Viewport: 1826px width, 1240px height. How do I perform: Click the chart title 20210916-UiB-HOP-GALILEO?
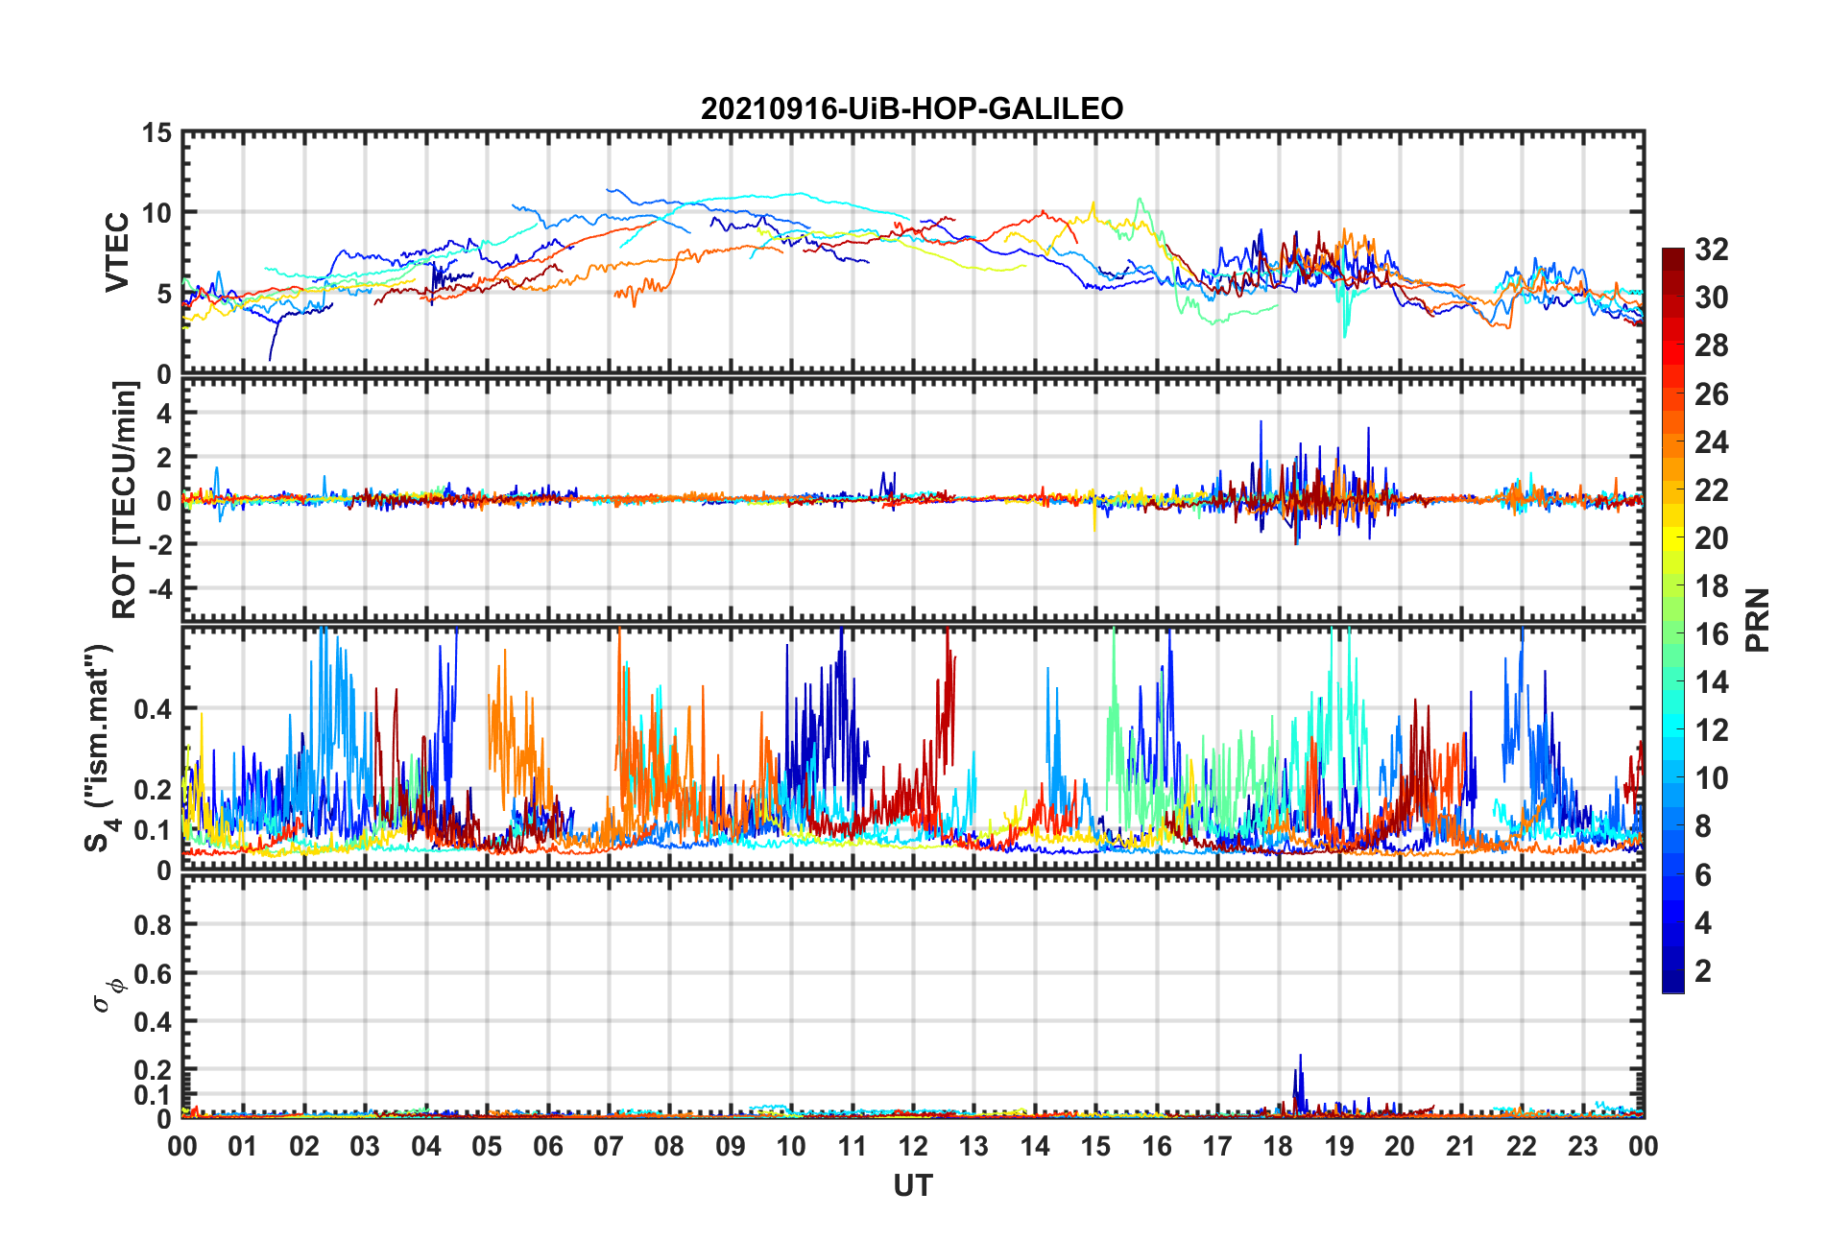(x=912, y=108)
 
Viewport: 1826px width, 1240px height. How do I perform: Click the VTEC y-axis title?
(x=117, y=252)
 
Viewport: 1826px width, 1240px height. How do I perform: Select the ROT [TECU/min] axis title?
(x=125, y=500)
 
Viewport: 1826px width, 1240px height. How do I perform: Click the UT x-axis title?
(x=912, y=1186)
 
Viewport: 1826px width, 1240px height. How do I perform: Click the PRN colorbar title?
(x=1757, y=620)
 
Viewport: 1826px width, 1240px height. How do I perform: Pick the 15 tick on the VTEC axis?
(x=156, y=133)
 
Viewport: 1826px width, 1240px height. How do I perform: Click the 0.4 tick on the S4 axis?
(x=153, y=710)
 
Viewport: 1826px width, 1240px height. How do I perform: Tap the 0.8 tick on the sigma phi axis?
(x=153, y=925)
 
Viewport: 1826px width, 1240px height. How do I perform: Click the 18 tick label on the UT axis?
(x=1278, y=1147)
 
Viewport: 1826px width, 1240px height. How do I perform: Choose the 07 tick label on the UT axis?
(x=609, y=1147)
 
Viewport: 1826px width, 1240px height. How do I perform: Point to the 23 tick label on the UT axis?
(x=1582, y=1147)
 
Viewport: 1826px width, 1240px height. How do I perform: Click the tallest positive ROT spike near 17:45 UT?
(x=1261, y=423)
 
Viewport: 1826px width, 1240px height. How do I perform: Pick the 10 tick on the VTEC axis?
(x=156, y=213)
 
